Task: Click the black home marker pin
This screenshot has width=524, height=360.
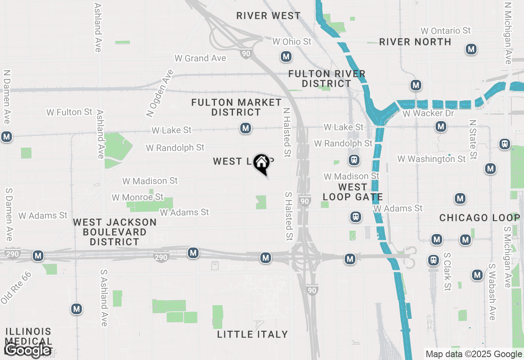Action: coord(261,164)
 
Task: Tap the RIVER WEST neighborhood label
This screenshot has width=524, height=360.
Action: coord(269,16)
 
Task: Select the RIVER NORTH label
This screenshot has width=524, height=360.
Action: coord(415,42)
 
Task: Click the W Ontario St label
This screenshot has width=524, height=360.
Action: coord(446,31)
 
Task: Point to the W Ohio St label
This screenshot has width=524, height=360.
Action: coord(292,42)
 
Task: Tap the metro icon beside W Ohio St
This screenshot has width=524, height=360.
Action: coord(286,56)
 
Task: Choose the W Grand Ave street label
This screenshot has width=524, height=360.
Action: coord(200,58)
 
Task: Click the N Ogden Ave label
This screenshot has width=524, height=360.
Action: coord(160,94)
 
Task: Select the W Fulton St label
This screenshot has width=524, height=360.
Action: coord(69,112)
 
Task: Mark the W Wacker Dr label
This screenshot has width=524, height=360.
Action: coord(428,113)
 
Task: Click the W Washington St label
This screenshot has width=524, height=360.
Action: coord(431,159)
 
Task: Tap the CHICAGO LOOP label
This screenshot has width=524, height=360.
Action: coord(479,218)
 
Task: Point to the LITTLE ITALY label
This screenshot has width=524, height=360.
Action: coord(252,334)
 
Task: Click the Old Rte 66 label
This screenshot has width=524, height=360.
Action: coord(16,288)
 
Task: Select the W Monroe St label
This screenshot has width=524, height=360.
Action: coord(138,198)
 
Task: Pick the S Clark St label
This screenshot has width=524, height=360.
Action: coord(447,272)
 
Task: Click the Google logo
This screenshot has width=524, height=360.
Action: coord(28,350)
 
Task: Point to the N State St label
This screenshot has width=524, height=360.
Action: coord(473,139)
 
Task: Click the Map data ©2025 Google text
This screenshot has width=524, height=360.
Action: coord(474,354)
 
